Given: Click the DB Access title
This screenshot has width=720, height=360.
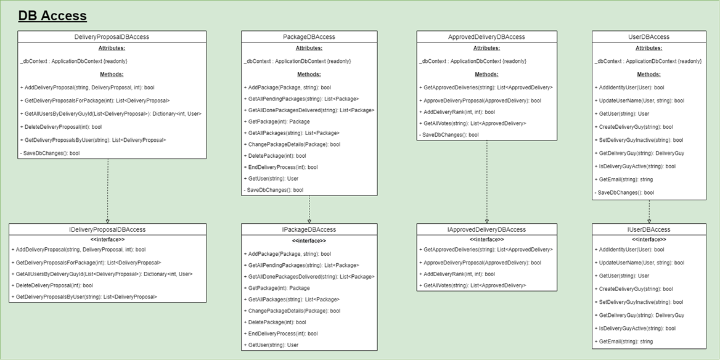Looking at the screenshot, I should pyautogui.click(x=52, y=16).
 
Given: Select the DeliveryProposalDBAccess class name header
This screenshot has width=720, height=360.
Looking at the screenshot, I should pyautogui.click(x=112, y=37).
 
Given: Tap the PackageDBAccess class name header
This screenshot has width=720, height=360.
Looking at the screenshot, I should pyautogui.click(x=309, y=37).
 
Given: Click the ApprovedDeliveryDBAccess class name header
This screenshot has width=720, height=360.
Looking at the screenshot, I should pyautogui.click(x=486, y=37).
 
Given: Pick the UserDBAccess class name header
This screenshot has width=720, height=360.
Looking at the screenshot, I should pyautogui.click(x=648, y=37).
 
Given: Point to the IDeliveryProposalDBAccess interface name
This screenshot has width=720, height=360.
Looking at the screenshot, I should pyautogui.click(x=107, y=229).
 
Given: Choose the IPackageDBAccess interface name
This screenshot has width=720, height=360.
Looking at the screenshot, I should pyautogui.click(x=309, y=229).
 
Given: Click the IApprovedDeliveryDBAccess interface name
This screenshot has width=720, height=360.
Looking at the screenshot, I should pyautogui.click(x=486, y=229).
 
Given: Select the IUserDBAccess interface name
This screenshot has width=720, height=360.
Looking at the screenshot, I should pyautogui.click(x=648, y=229).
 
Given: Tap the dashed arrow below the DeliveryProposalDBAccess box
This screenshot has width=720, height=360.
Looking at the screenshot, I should pyautogui.click(x=108, y=191).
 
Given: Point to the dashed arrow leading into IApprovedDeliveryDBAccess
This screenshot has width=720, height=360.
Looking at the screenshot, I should pyautogui.click(x=487, y=182).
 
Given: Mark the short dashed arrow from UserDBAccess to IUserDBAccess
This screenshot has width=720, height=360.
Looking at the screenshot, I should pyautogui.click(x=649, y=211).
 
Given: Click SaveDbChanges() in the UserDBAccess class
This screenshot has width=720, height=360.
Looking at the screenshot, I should pyautogui.click(x=624, y=193).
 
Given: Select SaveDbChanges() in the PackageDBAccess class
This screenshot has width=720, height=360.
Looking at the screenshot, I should pyautogui.click(x=275, y=190).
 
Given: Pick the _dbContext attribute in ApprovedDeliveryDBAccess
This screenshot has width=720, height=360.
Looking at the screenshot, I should pyautogui.click(x=473, y=62).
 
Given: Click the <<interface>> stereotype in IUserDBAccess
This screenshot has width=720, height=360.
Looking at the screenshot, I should pyautogui.click(x=648, y=239).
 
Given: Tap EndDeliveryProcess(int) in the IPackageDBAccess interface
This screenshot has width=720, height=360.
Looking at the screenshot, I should pyautogui.click(x=282, y=333).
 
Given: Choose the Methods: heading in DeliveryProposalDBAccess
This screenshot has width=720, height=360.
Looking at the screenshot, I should pyautogui.click(x=112, y=75).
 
